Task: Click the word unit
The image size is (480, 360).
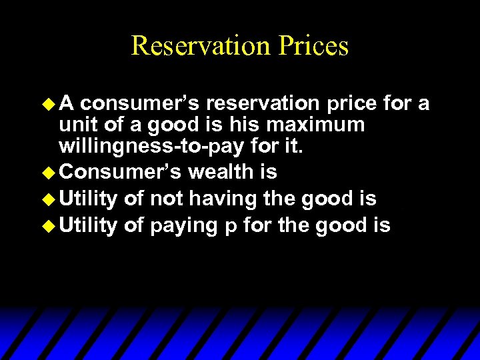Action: point(77,124)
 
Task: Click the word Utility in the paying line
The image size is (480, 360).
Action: point(89,226)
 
